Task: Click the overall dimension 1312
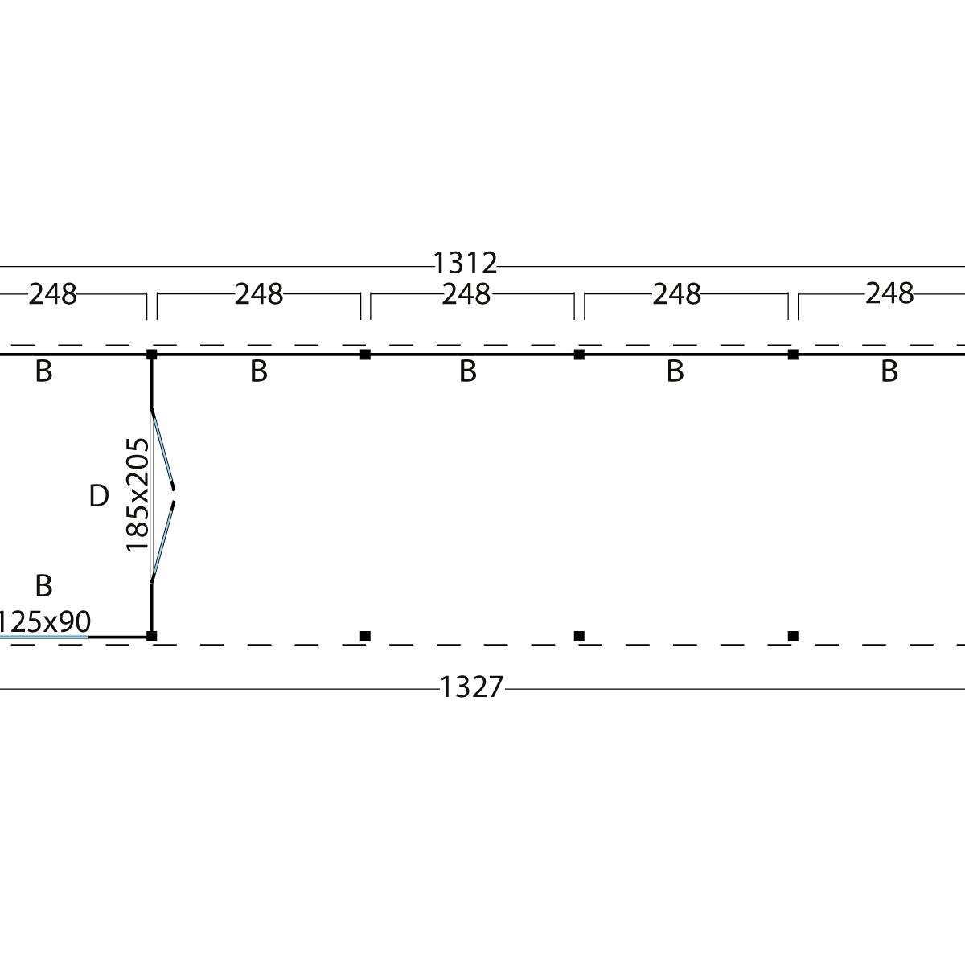pos(465,263)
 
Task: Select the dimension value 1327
pos(471,687)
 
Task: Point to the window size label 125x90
pos(44,621)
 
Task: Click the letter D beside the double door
pos(99,496)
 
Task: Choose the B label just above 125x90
pos(43,585)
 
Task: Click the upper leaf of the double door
pos(163,449)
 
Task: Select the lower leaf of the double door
pos(163,542)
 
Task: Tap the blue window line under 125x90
pos(44,637)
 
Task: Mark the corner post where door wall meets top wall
pos(152,355)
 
